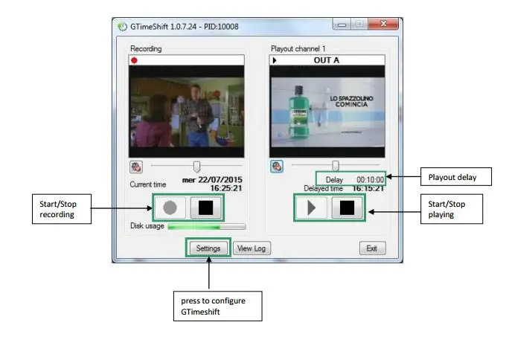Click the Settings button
pos(208,248)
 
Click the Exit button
pos(371,248)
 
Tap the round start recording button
pos(170,208)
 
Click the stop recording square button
pos(206,208)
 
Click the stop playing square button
pos(347,208)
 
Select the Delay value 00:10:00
pos(370,179)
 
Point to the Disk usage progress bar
pos(206,226)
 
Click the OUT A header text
pos(327,60)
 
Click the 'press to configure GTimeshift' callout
pos(217,306)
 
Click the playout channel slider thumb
pos(336,166)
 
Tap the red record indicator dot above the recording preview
pos(134,60)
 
